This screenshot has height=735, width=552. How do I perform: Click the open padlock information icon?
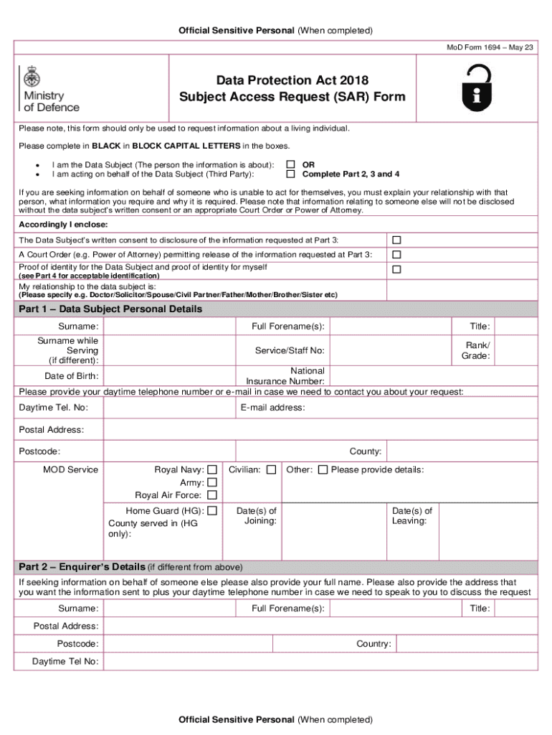tap(477, 87)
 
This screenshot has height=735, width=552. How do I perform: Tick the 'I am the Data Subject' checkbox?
tap(290, 164)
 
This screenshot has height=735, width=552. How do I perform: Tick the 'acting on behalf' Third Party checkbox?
tap(290, 174)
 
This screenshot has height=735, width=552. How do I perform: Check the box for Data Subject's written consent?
tap(396, 239)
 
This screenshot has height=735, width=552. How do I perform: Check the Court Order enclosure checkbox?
tap(396, 255)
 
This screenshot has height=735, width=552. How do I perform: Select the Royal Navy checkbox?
tap(212, 469)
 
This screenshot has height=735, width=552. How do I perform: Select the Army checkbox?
tap(212, 482)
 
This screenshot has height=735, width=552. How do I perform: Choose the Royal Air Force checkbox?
tap(212, 495)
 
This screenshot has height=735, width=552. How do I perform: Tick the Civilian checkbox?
tap(271, 469)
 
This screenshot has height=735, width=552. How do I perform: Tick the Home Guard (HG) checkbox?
tap(212, 511)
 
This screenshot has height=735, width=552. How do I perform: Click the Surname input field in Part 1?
tap(168, 327)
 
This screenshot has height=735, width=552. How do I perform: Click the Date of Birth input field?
tap(168, 375)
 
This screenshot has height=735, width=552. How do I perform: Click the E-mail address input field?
tap(423, 408)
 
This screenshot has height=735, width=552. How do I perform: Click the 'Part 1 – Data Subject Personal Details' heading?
tap(110, 309)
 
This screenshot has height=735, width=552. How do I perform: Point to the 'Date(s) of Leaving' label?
tap(411, 515)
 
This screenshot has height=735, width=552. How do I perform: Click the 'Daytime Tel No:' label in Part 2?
tap(65, 661)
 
